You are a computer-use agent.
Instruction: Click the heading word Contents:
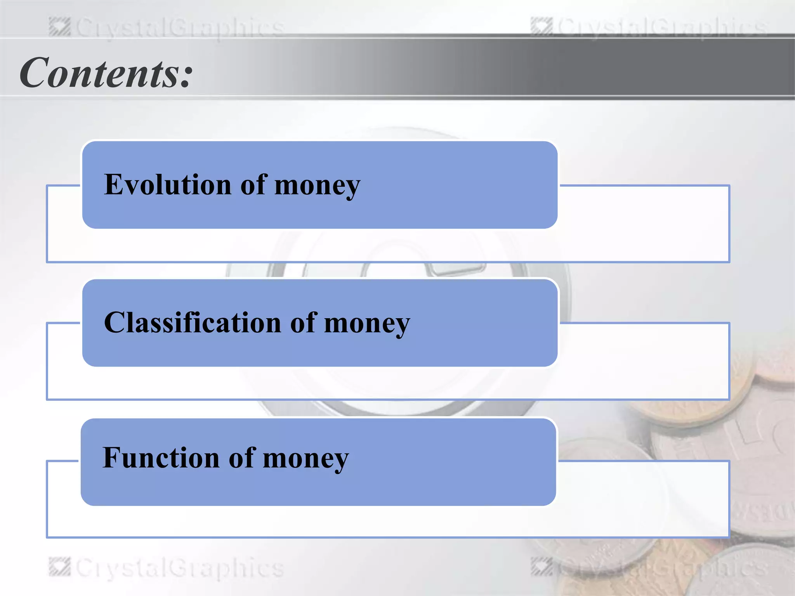click(106, 73)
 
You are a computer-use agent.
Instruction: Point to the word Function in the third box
click(161, 457)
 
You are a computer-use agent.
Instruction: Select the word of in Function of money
click(242, 457)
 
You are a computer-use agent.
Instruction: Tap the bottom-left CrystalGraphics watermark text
click(179, 568)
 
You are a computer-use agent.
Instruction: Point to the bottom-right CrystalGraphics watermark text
click(661, 568)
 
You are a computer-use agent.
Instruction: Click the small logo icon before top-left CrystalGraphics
click(59, 27)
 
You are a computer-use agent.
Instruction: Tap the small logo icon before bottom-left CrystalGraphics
click(59, 567)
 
